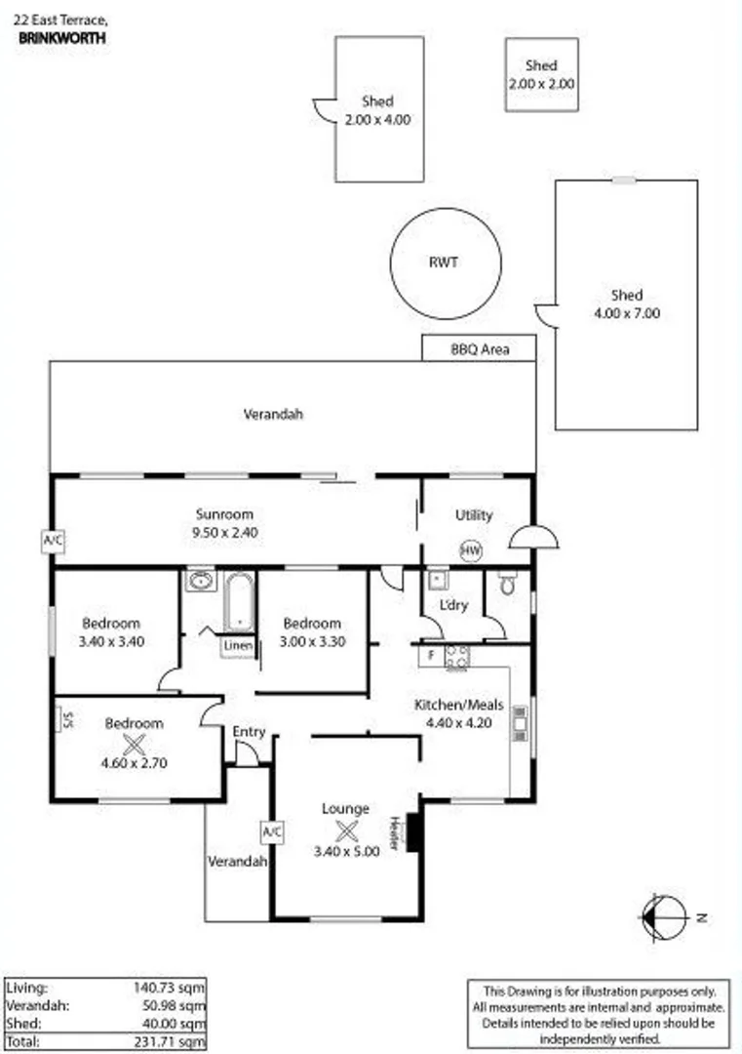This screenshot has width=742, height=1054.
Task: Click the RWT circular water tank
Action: coord(446,263)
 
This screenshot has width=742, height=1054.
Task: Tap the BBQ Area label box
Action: coord(479,348)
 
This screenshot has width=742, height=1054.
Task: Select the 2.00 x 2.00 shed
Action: coord(541,74)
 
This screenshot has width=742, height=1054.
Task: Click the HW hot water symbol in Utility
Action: coord(471,551)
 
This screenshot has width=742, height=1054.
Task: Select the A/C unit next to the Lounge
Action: coord(271,831)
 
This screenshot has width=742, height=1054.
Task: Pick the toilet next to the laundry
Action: coord(506,585)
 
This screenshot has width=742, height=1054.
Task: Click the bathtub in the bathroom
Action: coord(239,603)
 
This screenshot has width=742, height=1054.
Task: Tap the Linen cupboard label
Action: coord(238,646)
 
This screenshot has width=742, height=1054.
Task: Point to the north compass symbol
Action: coord(658,916)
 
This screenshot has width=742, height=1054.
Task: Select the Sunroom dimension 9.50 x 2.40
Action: coord(224,533)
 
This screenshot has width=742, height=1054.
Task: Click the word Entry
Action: coord(249,732)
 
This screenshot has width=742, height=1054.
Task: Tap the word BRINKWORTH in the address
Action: coord(62,37)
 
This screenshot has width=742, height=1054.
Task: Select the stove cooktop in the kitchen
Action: coord(456,657)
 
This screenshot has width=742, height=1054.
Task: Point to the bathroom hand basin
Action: coord(201,583)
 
